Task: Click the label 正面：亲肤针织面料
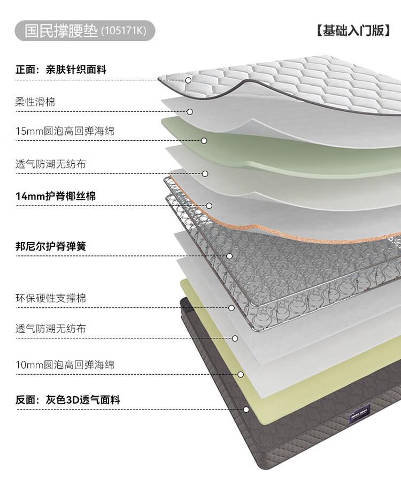60,69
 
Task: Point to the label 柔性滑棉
35,101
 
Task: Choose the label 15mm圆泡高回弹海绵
65,131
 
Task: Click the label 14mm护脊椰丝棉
56,196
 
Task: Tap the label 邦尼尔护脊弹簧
51,246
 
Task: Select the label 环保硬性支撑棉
51,298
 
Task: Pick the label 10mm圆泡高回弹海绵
65,365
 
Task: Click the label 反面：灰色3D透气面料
67,400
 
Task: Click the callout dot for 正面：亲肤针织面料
188,80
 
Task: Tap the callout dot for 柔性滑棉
190,112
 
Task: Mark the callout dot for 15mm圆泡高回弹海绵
204,141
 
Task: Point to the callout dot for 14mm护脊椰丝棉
209,206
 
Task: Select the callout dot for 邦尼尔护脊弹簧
229,256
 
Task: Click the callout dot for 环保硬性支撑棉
232,308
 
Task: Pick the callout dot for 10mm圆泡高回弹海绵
241,375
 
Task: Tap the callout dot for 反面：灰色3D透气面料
246,410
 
